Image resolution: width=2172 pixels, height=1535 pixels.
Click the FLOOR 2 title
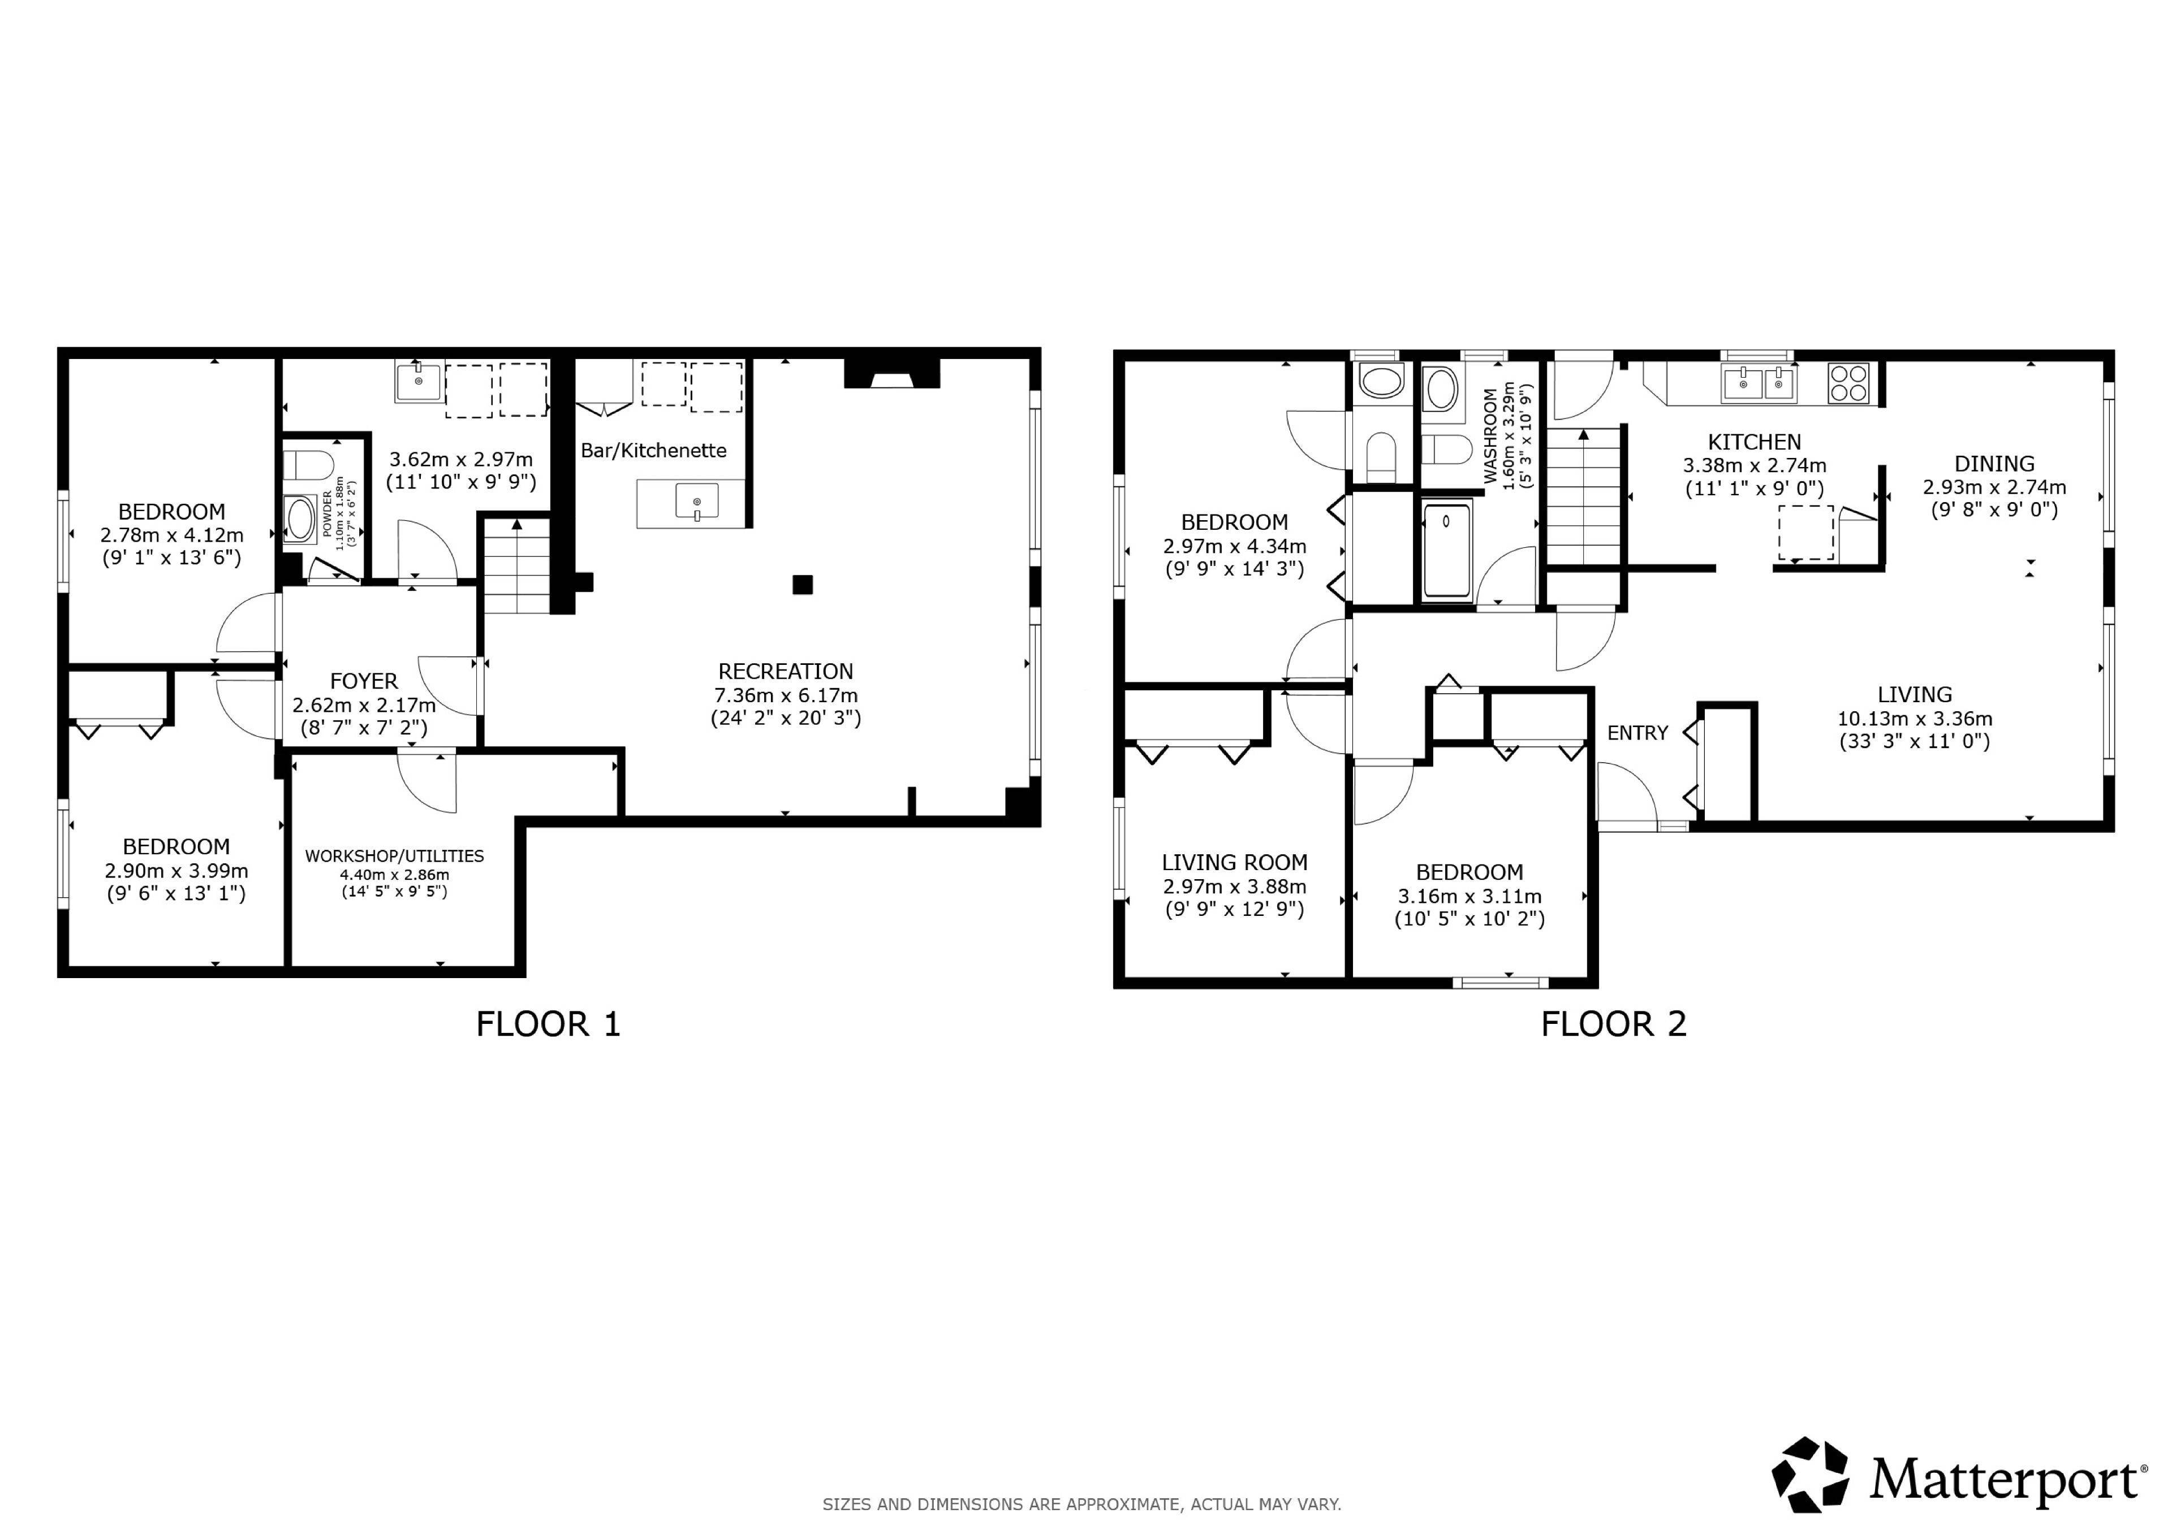(x=1613, y=1024)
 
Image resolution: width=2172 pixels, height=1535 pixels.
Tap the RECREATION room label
(x=785, y=672)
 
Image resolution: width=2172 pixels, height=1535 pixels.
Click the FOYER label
(x=363, y=681)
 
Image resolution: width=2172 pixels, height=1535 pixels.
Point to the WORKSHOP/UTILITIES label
(x=394, y=856)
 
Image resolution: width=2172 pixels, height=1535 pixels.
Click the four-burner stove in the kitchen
(x=1848, y=383)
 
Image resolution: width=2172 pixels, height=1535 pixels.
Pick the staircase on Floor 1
(x=516, y=565)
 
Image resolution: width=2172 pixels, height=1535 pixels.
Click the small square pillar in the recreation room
(x=802, y=585)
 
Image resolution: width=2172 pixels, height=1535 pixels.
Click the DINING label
(x=1993, y=464)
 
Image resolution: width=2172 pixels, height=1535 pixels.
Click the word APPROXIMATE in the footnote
(x=1124, y=1504)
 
